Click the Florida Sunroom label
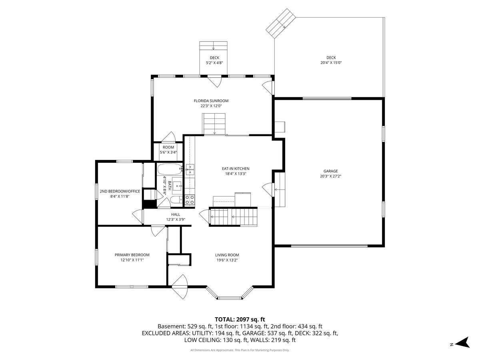[211, 101]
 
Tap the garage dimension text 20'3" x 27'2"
[330, 176]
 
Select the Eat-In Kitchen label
[236, 168]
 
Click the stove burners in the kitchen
[190, 200]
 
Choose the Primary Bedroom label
[132, 255]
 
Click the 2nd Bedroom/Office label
[120, 191]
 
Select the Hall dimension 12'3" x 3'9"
[176, 220]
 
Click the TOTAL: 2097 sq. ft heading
[240, 319]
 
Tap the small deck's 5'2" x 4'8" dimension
[214, 63]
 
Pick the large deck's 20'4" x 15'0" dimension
[331, 63]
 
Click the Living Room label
[227, 255]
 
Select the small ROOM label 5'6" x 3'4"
[168, 150]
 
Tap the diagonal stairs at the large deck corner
[280, 24]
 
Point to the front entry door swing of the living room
[180, 287]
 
